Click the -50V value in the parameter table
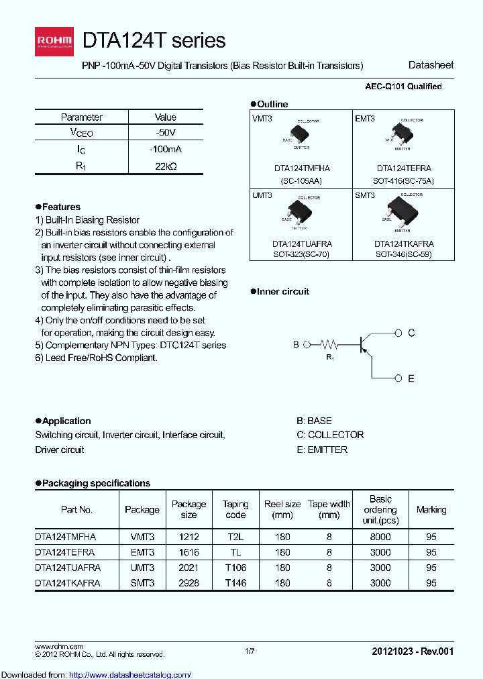coord(165,133)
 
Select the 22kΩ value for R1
coord(165,166)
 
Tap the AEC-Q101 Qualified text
coord(402,87)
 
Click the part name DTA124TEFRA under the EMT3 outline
coord(404,168)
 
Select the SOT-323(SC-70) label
coord(301,255)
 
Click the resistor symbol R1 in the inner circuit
coord(329,346)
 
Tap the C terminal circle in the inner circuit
coord(398,333)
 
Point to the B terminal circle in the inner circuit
coord(307,345)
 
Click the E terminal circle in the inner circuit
coord(398,378)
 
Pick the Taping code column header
coord(235,509)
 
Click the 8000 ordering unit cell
coord(380,537)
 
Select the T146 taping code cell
coord(235,583)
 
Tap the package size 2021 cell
coord(189,568)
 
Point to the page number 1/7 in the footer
coord(250,651)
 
